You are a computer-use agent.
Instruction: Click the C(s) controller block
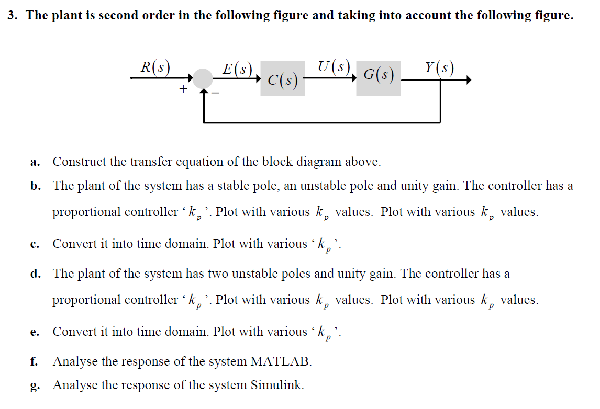click(283, 79)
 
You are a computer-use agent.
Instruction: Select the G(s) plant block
click(379, 78)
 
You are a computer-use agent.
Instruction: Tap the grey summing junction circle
click(203, 79)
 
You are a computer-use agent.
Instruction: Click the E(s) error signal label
click(237, 69)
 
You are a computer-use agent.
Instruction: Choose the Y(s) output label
click(439, 68)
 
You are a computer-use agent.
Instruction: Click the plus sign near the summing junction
click(183, 89)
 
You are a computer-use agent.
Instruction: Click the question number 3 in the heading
click(12, 16)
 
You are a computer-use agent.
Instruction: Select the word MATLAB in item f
click(281, 361)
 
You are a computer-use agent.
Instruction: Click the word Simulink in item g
click(276, 385)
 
